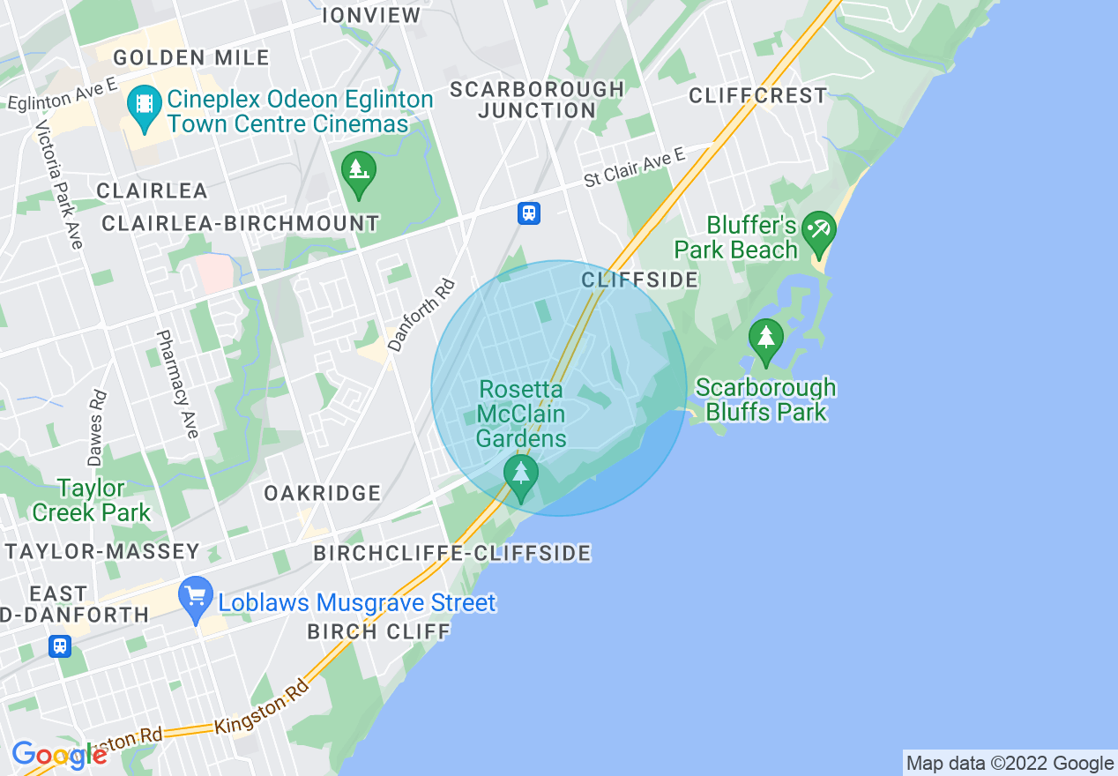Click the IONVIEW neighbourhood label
tap(371, 15)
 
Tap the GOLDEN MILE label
tap(191, 58)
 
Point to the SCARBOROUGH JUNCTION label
tap(537, 100)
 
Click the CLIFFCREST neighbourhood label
tap(758, 95)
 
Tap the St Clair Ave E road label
tap(634, 168)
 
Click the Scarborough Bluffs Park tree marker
tap(765, 339)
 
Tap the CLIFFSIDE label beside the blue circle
tap(639, 280)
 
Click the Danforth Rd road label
tap(421, 315)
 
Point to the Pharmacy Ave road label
tap(177, 384)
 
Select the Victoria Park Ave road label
tap(59, 184)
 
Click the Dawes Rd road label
tap(97, 428)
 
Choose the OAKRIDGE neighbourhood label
tap(323, 493)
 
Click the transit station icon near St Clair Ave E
tap(529, 213)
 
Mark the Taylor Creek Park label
tap(92, 500)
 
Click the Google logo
tap(58, 755)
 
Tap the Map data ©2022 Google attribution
tap(1010, 764)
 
